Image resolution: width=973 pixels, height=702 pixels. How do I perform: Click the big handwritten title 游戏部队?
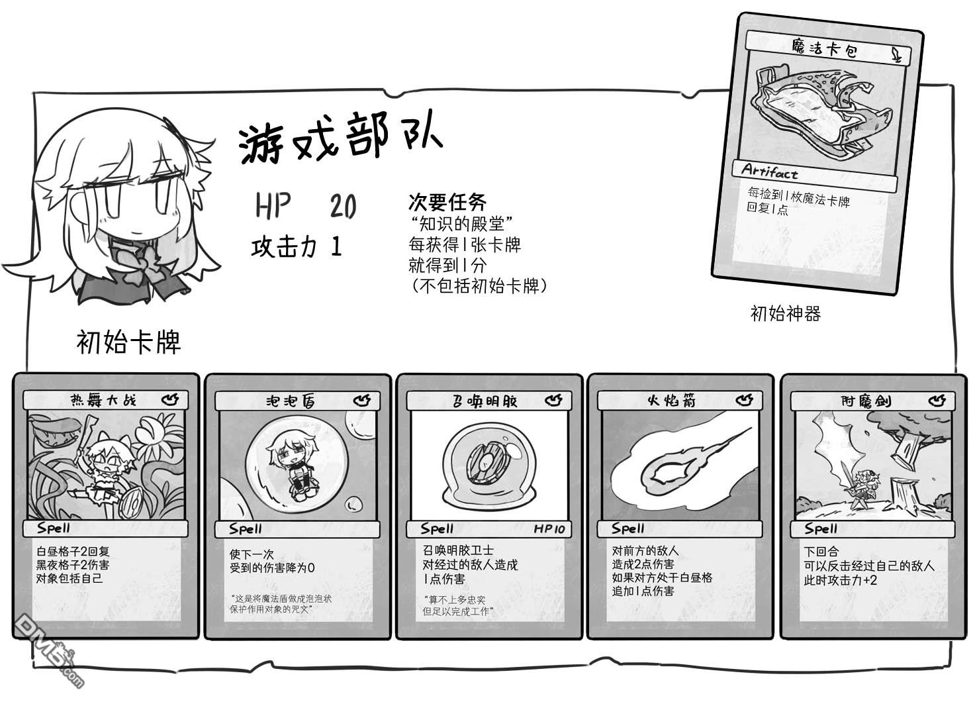pos(340,140)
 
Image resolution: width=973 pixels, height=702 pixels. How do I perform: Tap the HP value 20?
pos(343,207)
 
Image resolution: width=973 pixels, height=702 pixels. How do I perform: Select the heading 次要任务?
pos(447,201)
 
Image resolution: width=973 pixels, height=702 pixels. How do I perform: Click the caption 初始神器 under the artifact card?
pos(785,313)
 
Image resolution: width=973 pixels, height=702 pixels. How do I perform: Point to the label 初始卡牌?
pos(128,342)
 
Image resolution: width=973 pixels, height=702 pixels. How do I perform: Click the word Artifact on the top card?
pos(769,171)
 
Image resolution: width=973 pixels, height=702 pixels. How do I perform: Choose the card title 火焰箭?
pos(671,401)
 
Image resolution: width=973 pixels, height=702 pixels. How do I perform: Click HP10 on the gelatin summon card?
pos(549,529)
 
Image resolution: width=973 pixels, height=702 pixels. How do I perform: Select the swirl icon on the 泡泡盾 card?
pos(362,400)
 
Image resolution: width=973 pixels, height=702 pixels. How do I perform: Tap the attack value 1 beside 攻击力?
pos(336,247)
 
